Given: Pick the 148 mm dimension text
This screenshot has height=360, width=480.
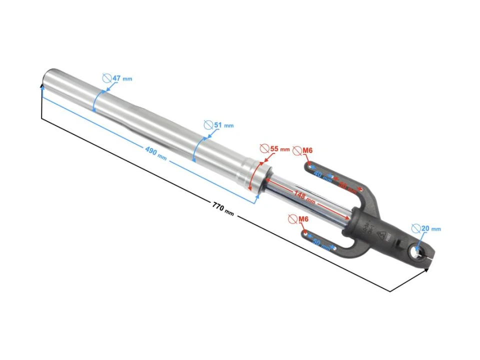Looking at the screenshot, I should [304, 197].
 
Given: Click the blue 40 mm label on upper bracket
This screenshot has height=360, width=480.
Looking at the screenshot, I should [322, 176].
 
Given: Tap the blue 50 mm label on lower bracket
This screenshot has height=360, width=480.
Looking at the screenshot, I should [322, 244].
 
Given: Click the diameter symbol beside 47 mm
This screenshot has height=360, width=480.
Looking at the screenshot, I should [106, 78].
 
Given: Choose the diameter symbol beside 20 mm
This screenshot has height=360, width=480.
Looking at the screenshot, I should [415, 228].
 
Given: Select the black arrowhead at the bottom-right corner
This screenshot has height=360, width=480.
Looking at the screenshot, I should [426, 270].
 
